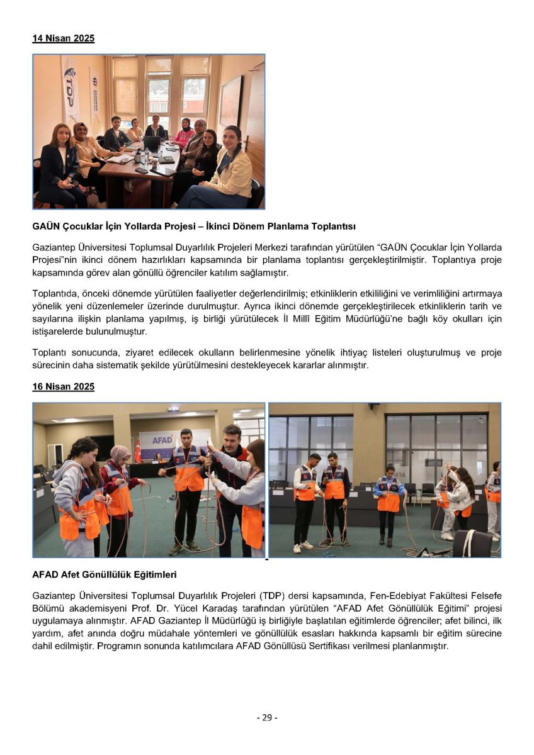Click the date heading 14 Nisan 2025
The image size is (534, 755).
[64, 38]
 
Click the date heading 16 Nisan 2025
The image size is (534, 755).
[64, 386]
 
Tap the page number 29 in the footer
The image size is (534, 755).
[267, 717]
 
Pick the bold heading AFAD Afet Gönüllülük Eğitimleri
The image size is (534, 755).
[105, 574]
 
